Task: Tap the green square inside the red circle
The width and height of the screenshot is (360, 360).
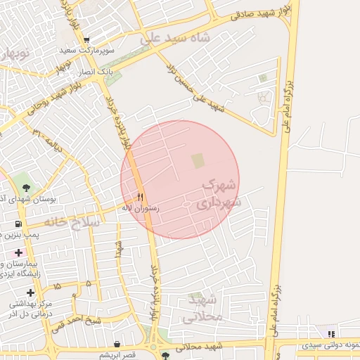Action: (198, 160)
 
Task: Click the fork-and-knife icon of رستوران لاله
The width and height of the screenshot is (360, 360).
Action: (141, 198)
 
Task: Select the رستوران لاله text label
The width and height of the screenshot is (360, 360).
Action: (141, 208)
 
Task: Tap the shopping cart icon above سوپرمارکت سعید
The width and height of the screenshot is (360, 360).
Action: (86, 40)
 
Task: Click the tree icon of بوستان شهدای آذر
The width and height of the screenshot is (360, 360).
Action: (26, 188)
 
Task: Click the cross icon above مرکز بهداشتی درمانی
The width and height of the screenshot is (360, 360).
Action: (30, 292)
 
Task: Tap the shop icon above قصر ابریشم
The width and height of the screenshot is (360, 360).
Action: (116, 345)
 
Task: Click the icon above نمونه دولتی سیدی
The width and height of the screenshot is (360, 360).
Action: (331, 334)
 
